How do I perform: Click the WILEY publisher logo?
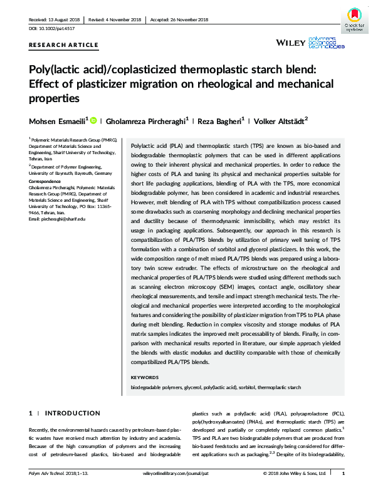coord(291,43)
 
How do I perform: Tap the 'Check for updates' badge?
coord(354,19)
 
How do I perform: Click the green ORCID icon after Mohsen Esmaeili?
coord(93,120)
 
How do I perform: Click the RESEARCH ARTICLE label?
coord(63,44)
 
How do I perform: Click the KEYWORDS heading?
coord(144,378)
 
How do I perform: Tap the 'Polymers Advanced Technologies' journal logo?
coord(328,43)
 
